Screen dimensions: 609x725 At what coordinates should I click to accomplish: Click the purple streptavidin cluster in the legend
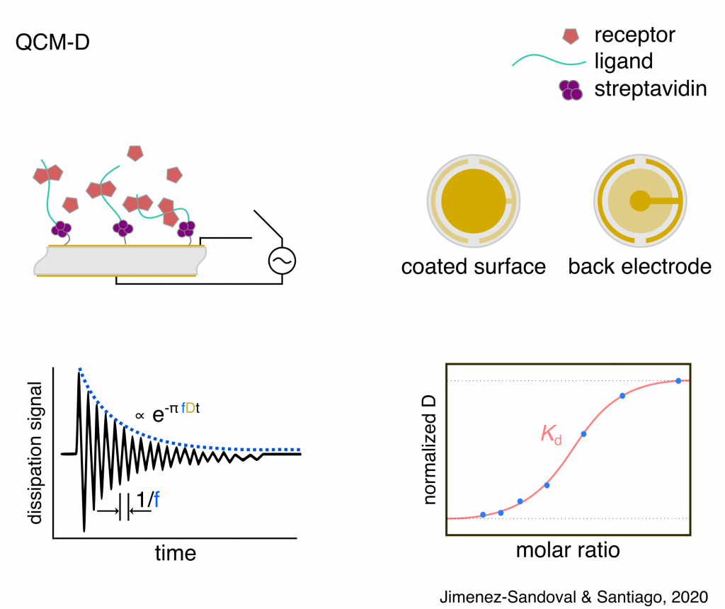pos(571,89)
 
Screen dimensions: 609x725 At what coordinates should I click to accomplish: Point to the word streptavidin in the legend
pos(651,89)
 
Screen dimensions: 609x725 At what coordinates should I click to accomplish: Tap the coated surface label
pos(474,266)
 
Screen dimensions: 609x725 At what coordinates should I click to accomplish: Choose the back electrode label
pos(639,266)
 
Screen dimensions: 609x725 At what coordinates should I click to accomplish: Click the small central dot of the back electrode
pos(639,201)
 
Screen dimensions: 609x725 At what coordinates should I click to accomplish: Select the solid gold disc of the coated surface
pos(474,201)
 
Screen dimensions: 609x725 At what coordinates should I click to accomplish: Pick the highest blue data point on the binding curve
pos(678,381)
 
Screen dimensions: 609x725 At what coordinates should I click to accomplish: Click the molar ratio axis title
pos(569,550)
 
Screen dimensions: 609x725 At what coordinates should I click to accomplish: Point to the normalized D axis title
pos(430,450)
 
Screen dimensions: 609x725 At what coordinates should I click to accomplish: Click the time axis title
pos(176,552)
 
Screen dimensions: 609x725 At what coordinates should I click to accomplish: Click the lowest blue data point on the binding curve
pos(483,515)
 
